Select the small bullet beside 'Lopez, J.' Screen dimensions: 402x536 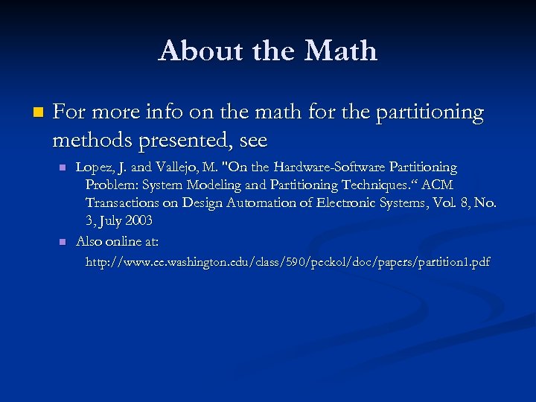63,167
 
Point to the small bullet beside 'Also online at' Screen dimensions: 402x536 63,242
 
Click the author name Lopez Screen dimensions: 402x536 95,167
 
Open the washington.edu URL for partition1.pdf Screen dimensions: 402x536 287,262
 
